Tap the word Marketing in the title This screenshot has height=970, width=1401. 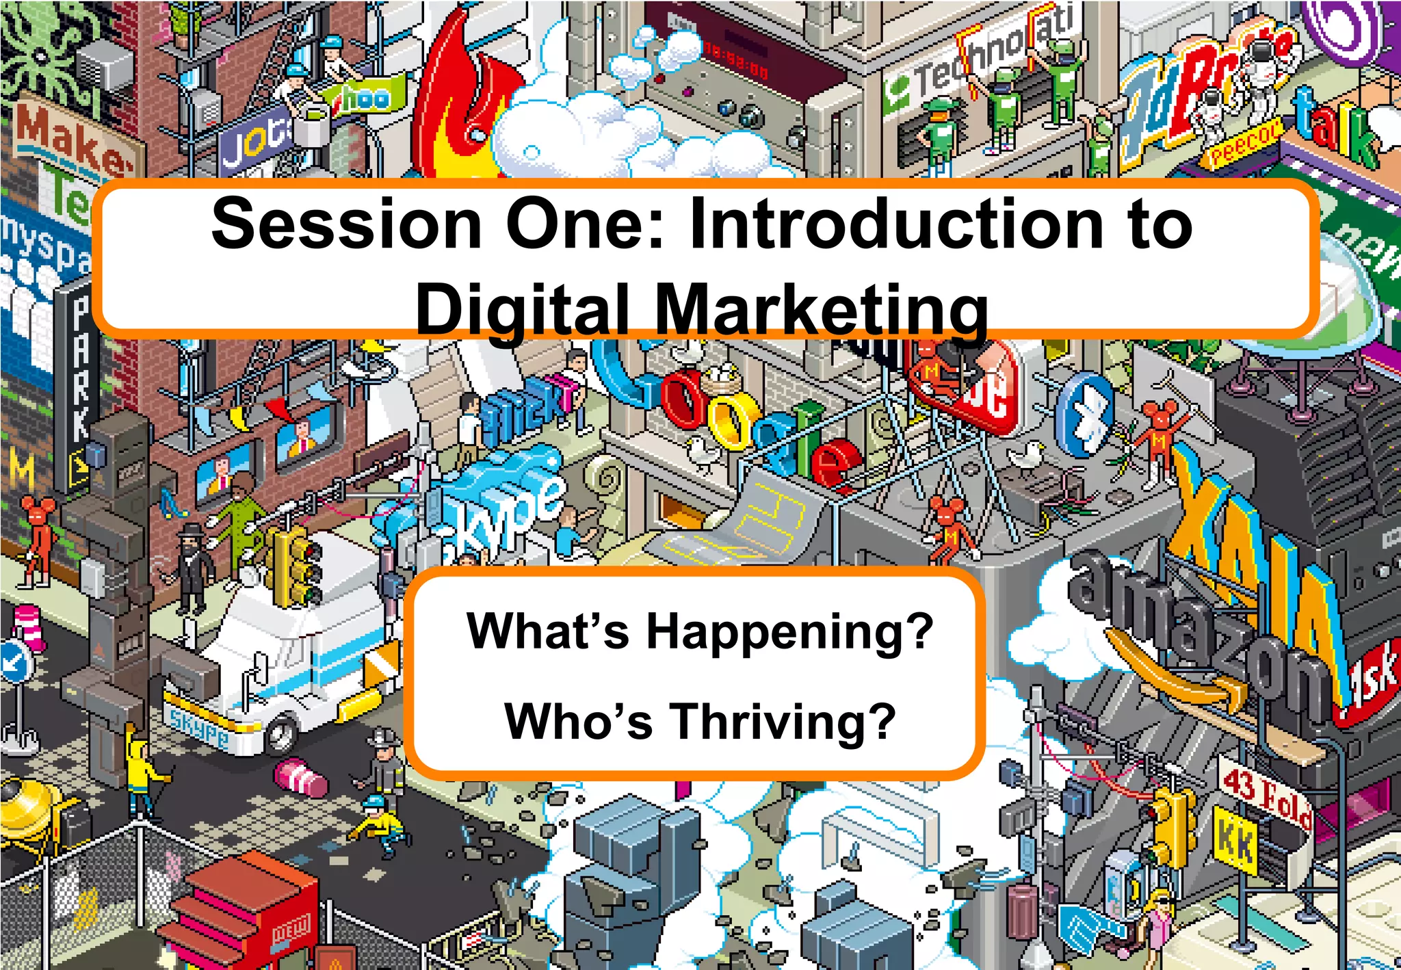[821, 309]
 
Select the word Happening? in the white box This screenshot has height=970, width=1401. [789, 631]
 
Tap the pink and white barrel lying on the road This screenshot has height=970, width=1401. [301, 780]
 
